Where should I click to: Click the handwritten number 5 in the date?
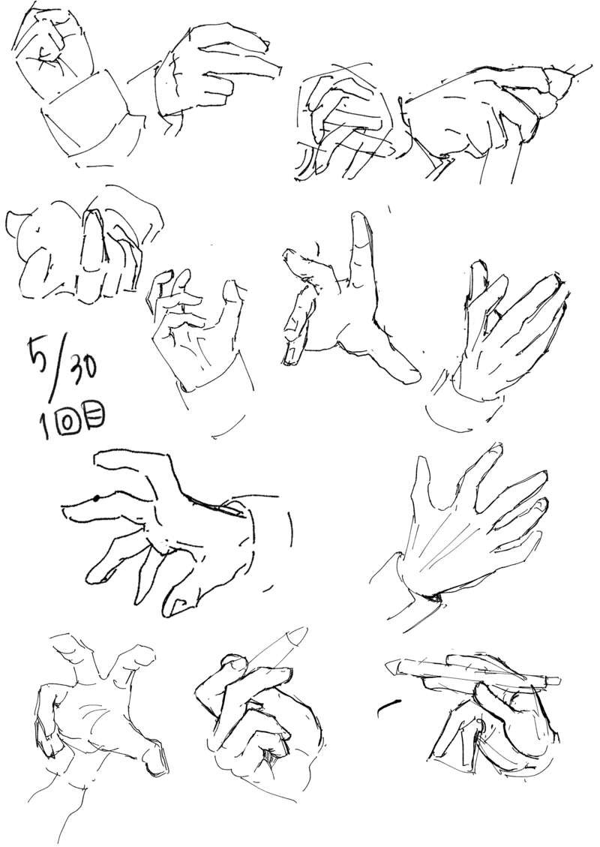(x=40, y=352)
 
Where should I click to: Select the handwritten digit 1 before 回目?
(x=43, y=427)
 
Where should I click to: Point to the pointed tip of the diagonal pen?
(x=303, y=631)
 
